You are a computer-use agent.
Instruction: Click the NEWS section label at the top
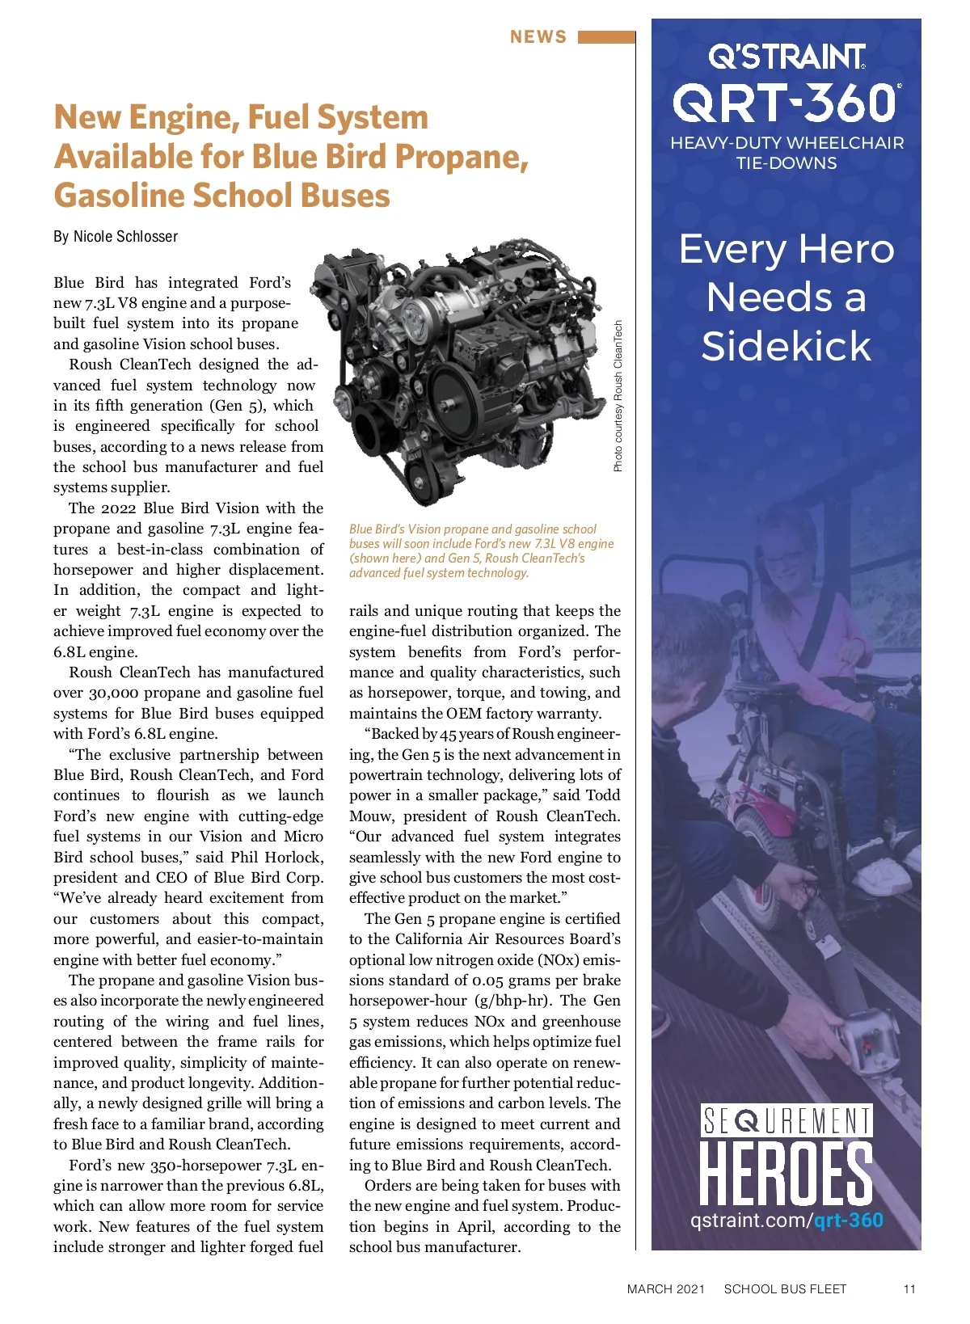click(x=538, y=37)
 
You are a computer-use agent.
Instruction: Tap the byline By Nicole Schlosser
click(x=116, y=237)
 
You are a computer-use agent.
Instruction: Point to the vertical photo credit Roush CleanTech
click(x=618, y=396)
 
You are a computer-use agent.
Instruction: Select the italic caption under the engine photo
click(x=481, y=550)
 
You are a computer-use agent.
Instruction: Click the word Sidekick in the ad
click(x=786, y=346)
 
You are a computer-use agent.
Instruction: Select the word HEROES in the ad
click(x=786, y=1174)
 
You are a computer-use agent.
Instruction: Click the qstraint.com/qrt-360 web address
click(x=786, y=1221)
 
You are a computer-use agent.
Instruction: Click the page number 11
click(x=909, y=1289)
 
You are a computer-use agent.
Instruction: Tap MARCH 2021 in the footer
click(x=665, y=1289)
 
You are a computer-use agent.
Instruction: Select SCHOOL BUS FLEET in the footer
click(x=785, y=1289)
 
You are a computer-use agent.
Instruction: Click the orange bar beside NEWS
click(x=606, y=37)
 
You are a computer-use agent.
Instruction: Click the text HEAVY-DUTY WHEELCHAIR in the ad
click(x=787, y=143)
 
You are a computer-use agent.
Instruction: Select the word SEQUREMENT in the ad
click(x=786, y=1122)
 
